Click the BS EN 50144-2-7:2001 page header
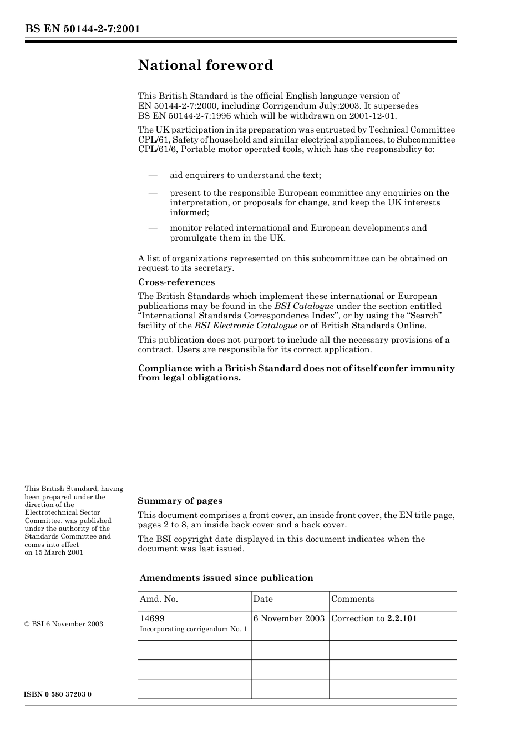pos(82,29)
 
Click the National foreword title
pos(205,65)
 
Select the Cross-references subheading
pos(176,282)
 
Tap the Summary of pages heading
pos(180,501)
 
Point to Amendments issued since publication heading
pos(226,578)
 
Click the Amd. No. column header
pos(159,599)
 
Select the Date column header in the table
pos(263,599)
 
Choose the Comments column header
pos(353,599)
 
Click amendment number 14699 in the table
pos(152,618)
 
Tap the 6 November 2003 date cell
pos(288,618)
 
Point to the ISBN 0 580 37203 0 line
pos(58,694)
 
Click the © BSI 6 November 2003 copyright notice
pos(64,624)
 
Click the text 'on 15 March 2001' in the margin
pos(54,552)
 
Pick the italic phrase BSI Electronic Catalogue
pos(245,326)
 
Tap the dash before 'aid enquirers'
pos(153,176)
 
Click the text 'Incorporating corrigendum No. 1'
pos(193,629)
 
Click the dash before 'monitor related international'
pos(153,229)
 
